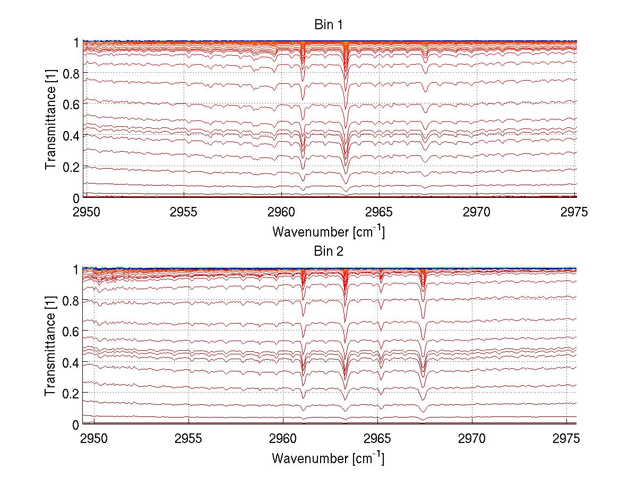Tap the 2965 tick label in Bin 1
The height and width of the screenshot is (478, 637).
tap(379, 213)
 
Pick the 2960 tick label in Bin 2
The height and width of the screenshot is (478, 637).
tap(283, 439)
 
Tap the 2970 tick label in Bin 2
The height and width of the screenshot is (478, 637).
tap(472, 439)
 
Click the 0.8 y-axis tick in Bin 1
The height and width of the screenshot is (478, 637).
tap(72, 73)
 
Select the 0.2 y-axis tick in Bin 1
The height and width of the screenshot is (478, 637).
tap(72, 167)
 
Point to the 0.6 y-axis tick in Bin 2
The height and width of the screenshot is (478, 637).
tap(72, 331)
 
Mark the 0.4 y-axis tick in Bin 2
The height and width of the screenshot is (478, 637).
tap(72, 362)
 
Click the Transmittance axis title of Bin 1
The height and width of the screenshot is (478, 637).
tap(51, 119)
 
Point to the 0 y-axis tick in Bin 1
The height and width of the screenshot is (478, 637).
tap(76, 198)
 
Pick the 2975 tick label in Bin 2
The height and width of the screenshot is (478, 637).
tap(566, 439)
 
